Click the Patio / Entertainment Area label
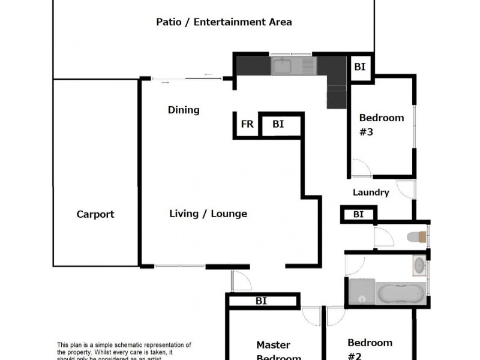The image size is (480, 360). tap(224, 22)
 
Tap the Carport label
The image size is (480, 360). tap(95, 214)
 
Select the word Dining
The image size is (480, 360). tap(184, 110)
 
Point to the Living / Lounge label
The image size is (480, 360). tap(208, 214)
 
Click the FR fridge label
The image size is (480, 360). tap(247, 125)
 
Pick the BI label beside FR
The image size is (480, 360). tap(278, 124)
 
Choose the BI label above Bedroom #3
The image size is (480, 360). tap(359, 67)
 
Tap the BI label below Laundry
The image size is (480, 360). tap(358, 214)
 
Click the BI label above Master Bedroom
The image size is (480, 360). tap(261, 301)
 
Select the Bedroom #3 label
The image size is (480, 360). tap(381, 124)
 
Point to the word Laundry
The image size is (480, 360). tap(371, 193)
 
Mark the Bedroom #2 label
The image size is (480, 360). tap(370, 348)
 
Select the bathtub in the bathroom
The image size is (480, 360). tap(400, 294)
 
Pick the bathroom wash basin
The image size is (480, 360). tap(419, 265)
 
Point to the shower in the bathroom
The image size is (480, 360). tap(361, 293)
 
